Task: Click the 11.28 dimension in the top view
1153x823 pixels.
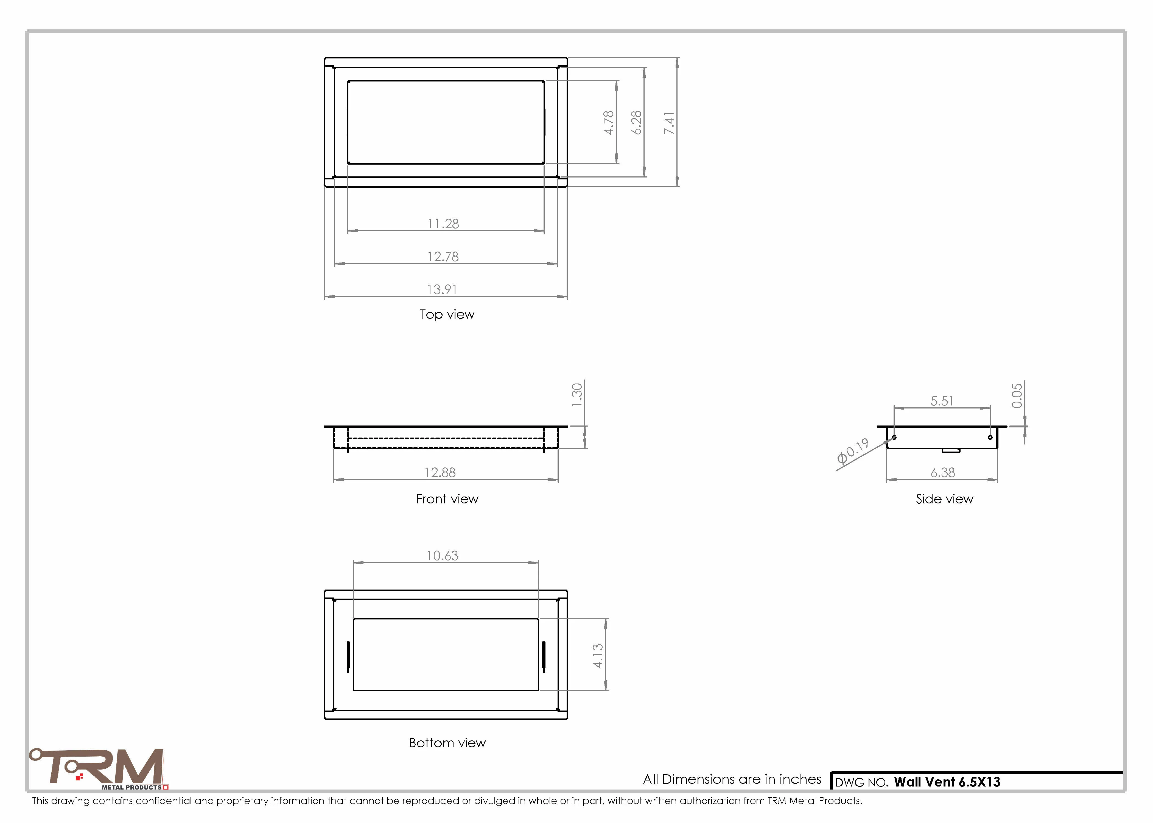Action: (443, 224)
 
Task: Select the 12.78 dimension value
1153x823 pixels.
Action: (443, 257)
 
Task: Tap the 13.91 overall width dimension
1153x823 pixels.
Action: (442, 289)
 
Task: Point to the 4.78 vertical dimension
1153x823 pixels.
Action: (608, 123)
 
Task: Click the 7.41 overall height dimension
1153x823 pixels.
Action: (669, 123)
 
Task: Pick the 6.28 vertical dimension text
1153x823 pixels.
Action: (636, 123)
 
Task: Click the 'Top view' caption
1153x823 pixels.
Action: (447, 314)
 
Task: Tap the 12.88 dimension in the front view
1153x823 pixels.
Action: (440, 472)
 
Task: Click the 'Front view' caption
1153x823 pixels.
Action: (447, 499)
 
